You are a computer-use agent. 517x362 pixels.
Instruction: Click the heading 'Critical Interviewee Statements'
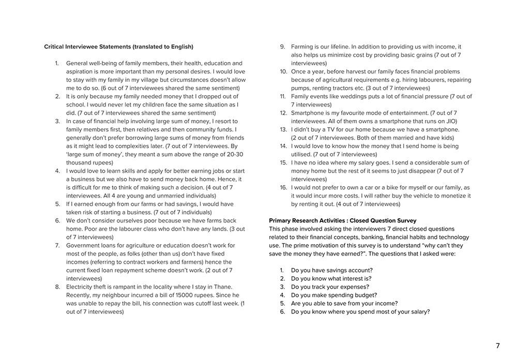tap(118, 47)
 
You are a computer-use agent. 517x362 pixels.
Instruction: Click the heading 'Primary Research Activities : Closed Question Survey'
tap(343, 221)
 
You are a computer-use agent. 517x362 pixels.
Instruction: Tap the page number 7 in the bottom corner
tap(498, 346)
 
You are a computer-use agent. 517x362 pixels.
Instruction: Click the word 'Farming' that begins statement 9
tap(302, 47)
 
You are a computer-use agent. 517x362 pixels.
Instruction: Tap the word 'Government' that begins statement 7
tap(84, 246)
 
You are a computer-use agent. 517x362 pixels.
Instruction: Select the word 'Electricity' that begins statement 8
tap(81, 287)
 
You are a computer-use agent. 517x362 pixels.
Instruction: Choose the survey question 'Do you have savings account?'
tap(331, 270)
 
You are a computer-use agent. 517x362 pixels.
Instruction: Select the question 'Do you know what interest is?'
tap(331, 279)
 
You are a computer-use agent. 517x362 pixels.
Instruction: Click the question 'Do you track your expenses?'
tap(330, 287)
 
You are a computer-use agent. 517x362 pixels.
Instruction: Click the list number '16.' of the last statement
tap(283, 188)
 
